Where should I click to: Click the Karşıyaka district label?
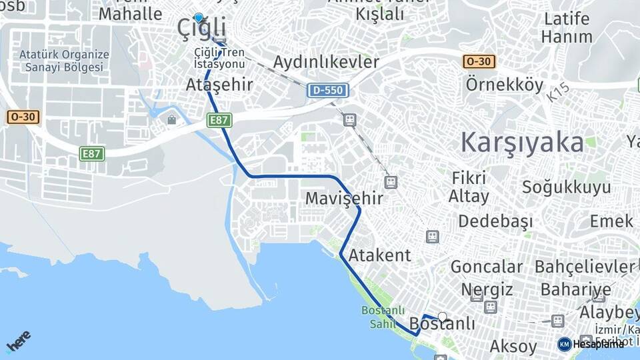(x=522, y=142)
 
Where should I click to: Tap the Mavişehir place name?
(x=344, y=198)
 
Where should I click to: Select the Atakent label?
(x=380, y=255)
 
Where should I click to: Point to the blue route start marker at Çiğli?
(x=198, y=18)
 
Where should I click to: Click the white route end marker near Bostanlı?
(x=442, y=317)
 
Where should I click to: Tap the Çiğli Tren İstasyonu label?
(x=219, y=58)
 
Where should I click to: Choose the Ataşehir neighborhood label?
(x=219, y=85)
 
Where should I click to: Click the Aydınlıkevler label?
(x=326, y=62)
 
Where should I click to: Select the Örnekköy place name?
(x=505, y=85)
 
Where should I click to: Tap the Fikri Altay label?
(x=469, y=187)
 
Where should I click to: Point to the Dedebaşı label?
(x=495, y=221)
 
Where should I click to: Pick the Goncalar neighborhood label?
(x=487, y=267)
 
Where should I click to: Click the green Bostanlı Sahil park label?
(x=379, y=317)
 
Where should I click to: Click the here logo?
(x=18, y=341)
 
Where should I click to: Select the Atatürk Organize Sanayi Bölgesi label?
(x=64, y=61)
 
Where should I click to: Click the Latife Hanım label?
(x=567, y=27)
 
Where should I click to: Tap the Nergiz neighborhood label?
(x=487, y=289)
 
